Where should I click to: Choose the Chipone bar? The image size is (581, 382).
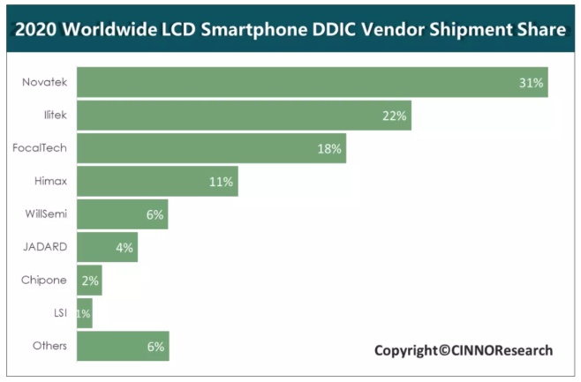[88, 281]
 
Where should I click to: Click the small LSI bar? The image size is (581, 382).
[82, 313]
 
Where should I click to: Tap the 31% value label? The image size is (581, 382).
[531, 83]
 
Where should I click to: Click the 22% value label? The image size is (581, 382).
[394, 116]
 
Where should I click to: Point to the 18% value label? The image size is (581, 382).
[329, 148]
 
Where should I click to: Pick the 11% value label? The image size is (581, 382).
[221, 182]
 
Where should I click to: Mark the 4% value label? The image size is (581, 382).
[124, 248]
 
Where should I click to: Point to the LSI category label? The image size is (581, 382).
[58, 312]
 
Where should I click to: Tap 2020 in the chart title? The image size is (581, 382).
[36, 30]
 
